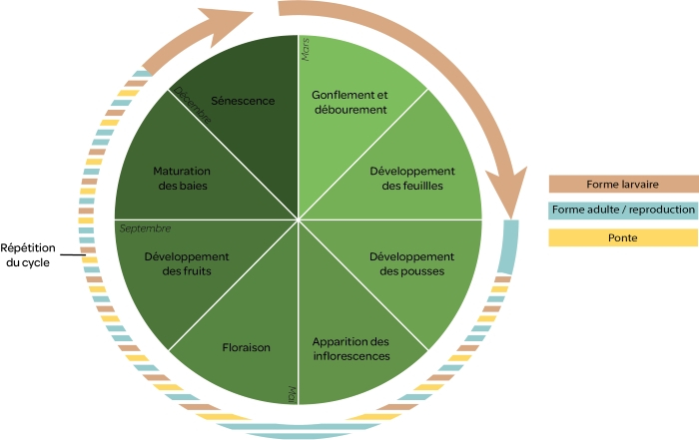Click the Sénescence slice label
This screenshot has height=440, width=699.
pyautogui.click(x=243, y=101)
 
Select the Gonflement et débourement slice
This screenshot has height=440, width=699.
pyautogui.click(x=349, y=101)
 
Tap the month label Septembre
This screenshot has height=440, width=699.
pyautogui.click(x=145, y=228)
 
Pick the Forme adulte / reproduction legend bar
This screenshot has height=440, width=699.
pyautogui.click(x=623, y=211)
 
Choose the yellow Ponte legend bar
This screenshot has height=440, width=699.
pyautogui.click(x=623, y=237)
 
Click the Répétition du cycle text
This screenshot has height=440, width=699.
pyautogui.click(x=28, y=254)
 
